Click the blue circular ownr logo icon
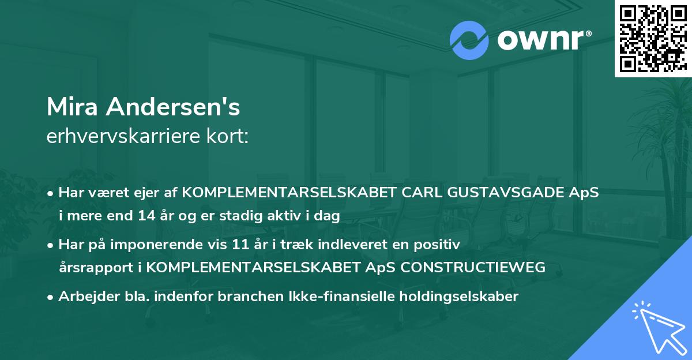click(470, 40)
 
